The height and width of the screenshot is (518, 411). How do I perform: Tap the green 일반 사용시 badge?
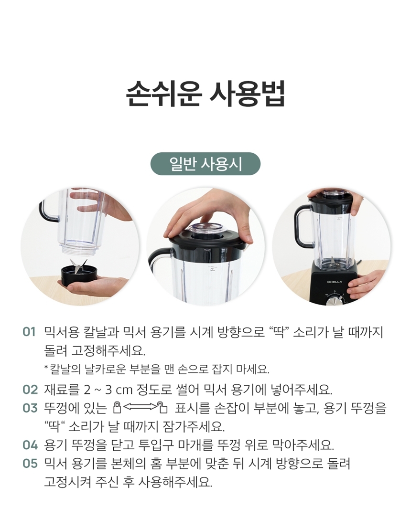coord(205,164)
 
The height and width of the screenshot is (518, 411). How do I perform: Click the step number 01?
coord(29,332)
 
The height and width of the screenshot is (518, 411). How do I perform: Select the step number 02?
coord(30,390)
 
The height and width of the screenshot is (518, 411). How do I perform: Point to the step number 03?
coord(30,408)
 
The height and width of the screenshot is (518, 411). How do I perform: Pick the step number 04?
coord(30,445)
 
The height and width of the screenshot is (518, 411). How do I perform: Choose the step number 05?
coord(30,464)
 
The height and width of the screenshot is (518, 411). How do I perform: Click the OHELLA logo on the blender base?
coord(334,282)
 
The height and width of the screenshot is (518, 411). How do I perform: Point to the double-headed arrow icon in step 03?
coord(140,406)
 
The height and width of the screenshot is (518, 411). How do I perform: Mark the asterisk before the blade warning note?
coord(46,367)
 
